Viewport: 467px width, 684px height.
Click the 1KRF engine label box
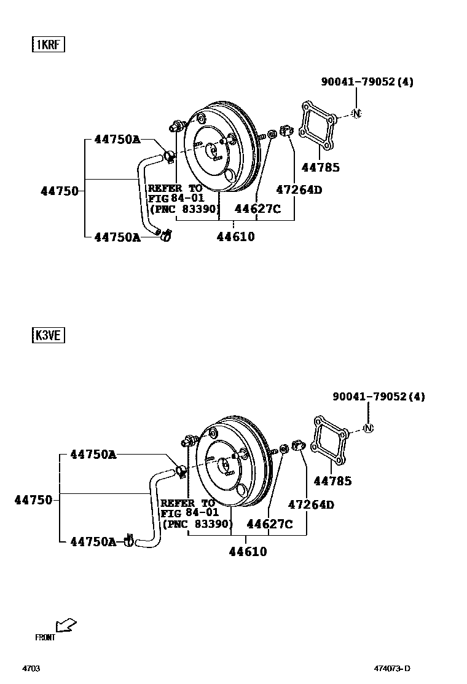[49, 45]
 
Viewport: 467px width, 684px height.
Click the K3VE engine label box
[49, 335]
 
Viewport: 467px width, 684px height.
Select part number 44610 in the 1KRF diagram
[235, 236]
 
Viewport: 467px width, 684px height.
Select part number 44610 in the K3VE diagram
[248, 552]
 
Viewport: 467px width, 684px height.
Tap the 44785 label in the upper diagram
[320, 167]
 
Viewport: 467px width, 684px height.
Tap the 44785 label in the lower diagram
[333, 481]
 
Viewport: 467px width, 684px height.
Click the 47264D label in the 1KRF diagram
[299, 190]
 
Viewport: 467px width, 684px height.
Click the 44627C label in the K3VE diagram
[269, 524]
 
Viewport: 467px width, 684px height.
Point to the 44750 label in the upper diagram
[60, 191]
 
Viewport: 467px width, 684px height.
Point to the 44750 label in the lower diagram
[34, 500]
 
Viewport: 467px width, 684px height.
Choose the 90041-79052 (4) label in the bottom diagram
[379, 397]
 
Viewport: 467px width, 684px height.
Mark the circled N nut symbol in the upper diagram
[357, 113]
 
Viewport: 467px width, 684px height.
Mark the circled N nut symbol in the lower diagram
[368, 428]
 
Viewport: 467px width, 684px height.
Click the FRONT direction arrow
[65, 626]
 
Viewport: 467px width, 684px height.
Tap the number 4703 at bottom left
[31, 669]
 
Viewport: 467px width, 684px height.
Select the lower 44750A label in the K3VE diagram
[93, 541]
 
